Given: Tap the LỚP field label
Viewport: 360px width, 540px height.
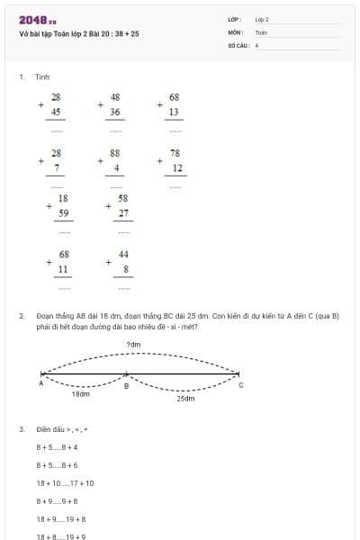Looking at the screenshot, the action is point(235,19).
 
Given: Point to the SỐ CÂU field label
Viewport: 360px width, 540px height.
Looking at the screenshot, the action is point(238,44).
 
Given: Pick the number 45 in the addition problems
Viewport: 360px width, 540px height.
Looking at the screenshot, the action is point(56,112).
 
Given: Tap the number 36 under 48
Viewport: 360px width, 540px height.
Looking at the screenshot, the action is point(115,112).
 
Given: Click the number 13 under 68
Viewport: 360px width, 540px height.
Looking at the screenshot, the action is point(175,112).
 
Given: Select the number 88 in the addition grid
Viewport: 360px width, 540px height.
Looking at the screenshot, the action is point(115,153).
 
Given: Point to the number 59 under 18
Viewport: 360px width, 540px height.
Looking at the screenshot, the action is point(63,213).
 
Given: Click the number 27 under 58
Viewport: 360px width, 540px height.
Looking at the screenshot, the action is point(123,213).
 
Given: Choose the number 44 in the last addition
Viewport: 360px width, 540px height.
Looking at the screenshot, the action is point(123,255).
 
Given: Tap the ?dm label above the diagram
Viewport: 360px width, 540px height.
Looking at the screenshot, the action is point(134,345).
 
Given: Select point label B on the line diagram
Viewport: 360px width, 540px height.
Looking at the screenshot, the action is point(126,386).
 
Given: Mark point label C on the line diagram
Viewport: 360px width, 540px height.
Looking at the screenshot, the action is point(240,384).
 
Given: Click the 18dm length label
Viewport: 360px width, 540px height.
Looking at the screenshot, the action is point(80,393).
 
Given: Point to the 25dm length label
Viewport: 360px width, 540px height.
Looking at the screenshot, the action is point(185,397).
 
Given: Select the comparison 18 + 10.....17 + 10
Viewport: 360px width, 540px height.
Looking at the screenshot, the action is point(65,483).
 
